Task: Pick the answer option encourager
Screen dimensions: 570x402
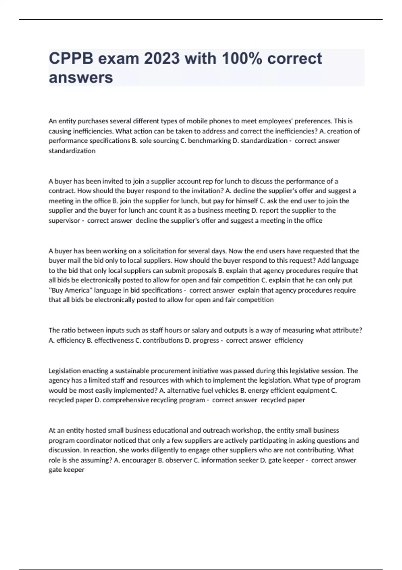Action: tap(139, 460)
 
